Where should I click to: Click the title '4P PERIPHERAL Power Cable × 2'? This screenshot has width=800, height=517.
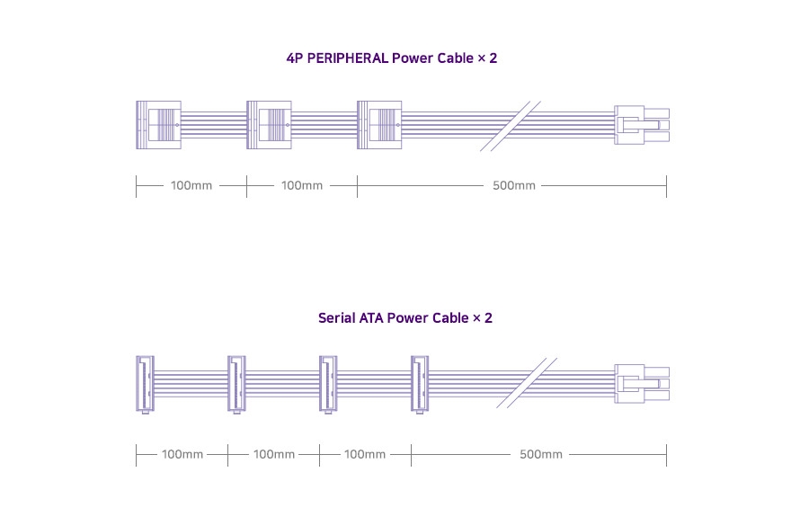click(x=391, y=58)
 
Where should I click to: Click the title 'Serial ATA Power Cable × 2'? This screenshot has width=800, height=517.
click(x=404, y=317)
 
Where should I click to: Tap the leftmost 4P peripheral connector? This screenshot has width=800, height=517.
click(x=158, y=124)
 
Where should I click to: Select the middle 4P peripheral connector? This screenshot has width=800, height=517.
click(x=269, y=124)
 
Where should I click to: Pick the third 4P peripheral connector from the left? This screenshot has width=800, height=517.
click(x=379, y=124)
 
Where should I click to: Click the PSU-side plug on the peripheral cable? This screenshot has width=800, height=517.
click(x=641, y=125)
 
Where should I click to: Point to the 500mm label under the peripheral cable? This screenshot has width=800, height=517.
click(x=514, y=186)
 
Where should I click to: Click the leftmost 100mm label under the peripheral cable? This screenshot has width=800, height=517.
click(x=191, y=186)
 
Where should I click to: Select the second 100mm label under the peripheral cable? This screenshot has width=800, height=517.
click(x=302, y=186)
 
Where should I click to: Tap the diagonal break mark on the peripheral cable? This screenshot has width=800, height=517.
click(x=511, y=125)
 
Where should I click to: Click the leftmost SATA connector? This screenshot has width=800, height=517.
click(x=144, y=384)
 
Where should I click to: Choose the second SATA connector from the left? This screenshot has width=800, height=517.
click(x=236, y=384)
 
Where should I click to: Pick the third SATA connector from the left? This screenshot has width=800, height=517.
click(x=327, y=384)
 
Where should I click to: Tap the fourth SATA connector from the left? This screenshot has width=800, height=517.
click(x=419, y=384)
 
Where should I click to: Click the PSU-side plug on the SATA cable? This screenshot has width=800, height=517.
click(x=641, y=383)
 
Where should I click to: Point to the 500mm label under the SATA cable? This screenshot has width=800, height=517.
click(x=541, y=455)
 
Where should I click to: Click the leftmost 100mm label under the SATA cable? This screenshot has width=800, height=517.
click(x=182, y=455)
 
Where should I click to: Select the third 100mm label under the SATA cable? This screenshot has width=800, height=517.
click(x=365, y=455)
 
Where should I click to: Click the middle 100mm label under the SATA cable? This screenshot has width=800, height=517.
click(x=274, y=455)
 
